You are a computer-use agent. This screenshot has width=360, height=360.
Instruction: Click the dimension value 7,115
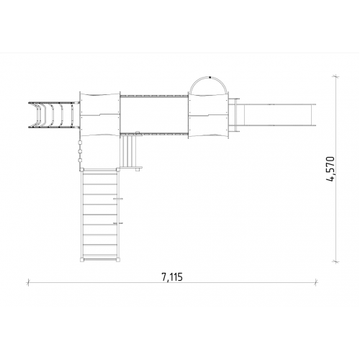(172, 277)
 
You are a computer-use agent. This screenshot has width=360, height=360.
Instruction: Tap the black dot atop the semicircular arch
(210, 77)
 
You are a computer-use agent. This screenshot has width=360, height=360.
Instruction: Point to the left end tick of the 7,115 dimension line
(29, 282)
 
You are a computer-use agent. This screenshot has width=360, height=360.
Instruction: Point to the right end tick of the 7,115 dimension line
(316, 282)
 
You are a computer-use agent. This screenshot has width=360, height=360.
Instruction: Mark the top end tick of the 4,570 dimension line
(336, 76)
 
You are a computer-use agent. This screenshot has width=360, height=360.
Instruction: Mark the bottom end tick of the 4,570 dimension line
(336, 261)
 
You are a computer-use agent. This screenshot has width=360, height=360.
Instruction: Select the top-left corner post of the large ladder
(82, 170)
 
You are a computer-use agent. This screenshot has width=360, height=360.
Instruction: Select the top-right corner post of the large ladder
(118, 170)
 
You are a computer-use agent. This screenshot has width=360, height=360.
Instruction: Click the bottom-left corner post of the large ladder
(82, 259)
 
